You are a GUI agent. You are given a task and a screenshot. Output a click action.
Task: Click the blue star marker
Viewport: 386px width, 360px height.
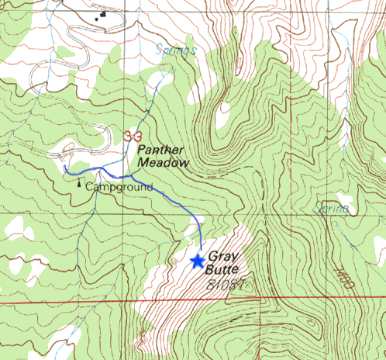198,261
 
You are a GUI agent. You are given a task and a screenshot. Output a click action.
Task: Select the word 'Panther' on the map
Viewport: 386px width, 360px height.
160,150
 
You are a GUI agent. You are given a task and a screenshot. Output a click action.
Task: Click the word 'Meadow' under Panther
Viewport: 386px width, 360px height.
163,163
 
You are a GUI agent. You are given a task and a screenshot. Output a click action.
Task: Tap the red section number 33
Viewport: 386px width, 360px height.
132,136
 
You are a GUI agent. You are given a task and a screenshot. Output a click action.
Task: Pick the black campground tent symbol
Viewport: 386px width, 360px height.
78,185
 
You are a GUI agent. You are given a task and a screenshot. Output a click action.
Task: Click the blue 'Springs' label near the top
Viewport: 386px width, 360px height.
175,50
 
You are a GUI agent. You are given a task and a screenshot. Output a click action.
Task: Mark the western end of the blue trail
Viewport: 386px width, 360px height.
66,168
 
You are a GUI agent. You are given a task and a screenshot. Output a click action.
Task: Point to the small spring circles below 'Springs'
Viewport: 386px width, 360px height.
165,68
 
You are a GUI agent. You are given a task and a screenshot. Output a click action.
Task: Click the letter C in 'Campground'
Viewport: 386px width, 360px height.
89,187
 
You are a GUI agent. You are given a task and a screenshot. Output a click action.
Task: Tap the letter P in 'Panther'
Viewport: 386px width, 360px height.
142,150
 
